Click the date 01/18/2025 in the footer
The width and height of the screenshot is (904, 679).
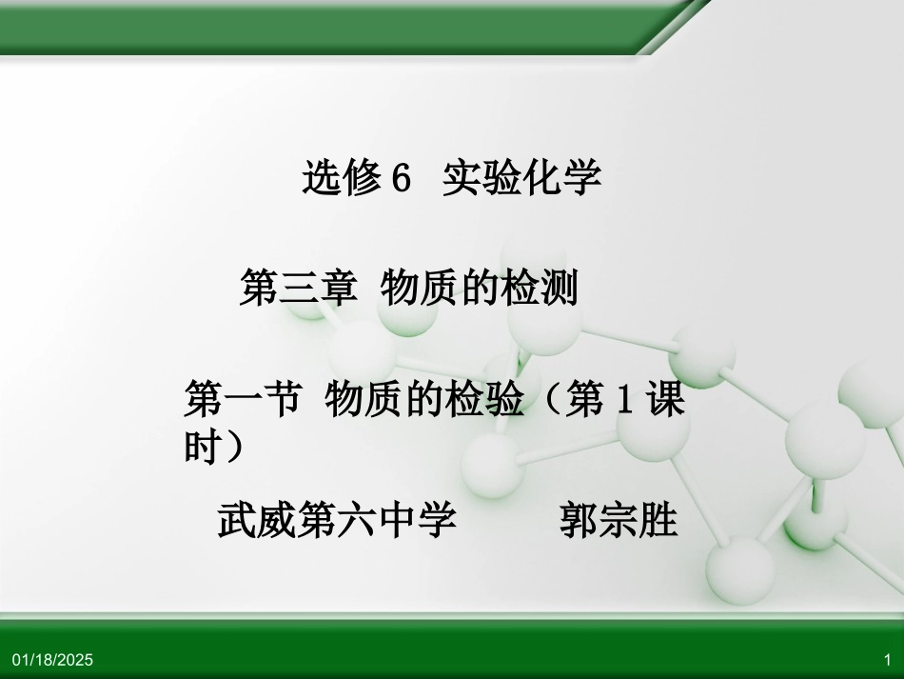pos(53,660)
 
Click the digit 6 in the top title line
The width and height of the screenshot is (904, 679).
pos(401,177)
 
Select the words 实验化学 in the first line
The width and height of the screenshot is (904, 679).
pos(521,177)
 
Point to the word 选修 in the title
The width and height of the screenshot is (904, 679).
pos(342,177)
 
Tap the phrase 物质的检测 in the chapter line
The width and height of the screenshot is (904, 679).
pos(479,288)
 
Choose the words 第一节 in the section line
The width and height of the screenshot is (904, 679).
pos(241,400)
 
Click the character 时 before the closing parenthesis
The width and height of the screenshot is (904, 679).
pos(202,447)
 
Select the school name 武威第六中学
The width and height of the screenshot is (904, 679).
pos(337,521)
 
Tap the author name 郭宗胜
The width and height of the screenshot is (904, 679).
pos(618,521)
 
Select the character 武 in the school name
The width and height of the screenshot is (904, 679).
pos(237,521)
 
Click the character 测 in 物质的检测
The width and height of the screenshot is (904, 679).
pos(559,288)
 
